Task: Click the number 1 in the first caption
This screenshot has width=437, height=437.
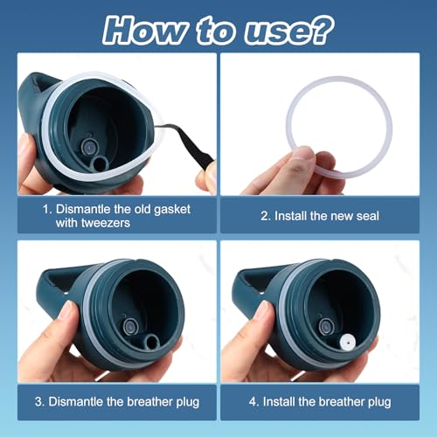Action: (x=45, y=210)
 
